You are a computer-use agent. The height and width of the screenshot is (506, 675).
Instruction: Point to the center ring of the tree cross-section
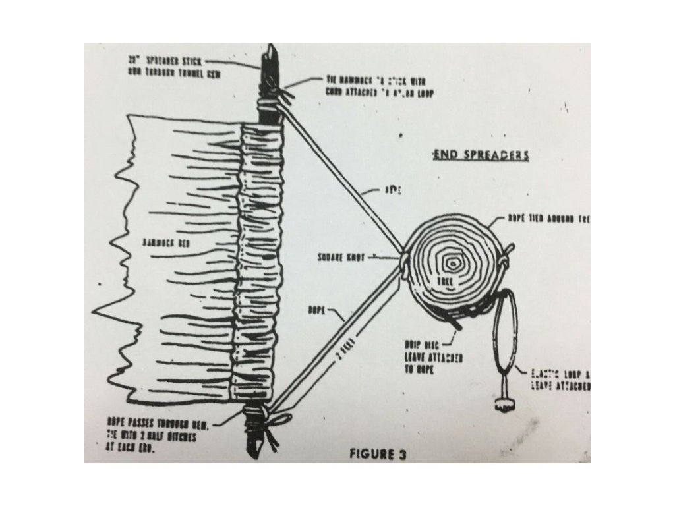[x=453, y=262]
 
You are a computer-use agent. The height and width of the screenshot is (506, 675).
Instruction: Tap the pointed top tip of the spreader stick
[x=270, y=50]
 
